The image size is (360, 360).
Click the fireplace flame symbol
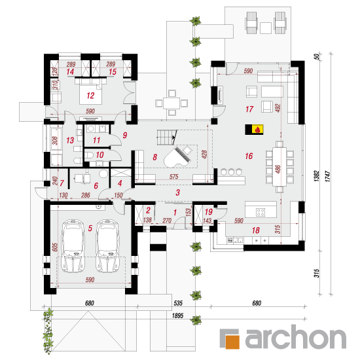coord(257,130)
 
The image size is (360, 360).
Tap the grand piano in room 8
coord(177,157)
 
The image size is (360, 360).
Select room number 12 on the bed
coord(90,96)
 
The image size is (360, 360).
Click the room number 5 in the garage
coord(90,228)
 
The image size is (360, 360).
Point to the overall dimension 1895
coord(177,315)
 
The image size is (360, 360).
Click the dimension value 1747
coord(328,176)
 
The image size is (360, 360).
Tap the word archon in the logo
coord(295,337)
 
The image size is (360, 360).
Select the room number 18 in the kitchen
coord(256,230)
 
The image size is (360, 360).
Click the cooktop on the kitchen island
coord(261,212)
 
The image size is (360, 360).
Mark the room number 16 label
coord(249,156)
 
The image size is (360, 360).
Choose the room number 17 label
coord(249,109)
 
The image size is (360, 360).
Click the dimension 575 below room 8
coord(174,177)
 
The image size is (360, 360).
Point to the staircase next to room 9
coord(167,137)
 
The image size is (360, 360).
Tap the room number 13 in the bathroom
coord(70,140)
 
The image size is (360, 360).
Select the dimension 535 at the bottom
coord(178,303)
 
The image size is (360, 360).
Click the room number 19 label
coord(209,211)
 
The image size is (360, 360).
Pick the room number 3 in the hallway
coord(177,192)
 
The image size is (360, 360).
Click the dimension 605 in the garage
coord(55,247)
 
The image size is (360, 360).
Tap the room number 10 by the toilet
coord(99,155)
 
